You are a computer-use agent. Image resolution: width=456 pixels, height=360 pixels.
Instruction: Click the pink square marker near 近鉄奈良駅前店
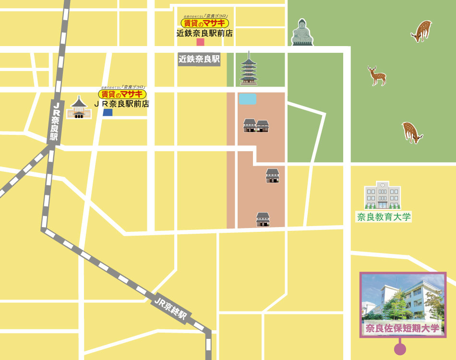click(x=200, y=42)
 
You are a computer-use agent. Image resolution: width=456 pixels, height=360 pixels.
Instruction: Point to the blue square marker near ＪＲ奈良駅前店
click(x=108, y=112)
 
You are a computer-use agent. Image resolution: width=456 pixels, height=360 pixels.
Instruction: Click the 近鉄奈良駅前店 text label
click(x=204, y=33)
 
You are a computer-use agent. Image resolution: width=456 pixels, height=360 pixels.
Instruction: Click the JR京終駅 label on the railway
click(x=171, y=308)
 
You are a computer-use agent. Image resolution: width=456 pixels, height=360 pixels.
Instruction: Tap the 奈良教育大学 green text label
click(x=384, y=216)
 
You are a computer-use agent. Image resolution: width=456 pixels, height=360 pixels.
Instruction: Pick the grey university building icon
click(x=382, y=195)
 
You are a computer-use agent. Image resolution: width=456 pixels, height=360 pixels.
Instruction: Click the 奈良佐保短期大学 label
click(x=402, y=328)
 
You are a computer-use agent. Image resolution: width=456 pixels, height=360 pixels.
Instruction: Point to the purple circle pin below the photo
click(x=399, y=349)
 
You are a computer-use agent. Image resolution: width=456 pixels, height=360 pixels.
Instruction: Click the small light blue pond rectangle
click(x=247, y=99)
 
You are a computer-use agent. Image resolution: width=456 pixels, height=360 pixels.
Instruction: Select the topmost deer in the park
click(x=421, y=31)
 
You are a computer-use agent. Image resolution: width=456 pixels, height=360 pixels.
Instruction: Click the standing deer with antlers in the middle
click(x=377, y=76)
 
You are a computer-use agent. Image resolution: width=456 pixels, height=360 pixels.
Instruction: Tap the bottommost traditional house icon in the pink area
click(x=263, y=219)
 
